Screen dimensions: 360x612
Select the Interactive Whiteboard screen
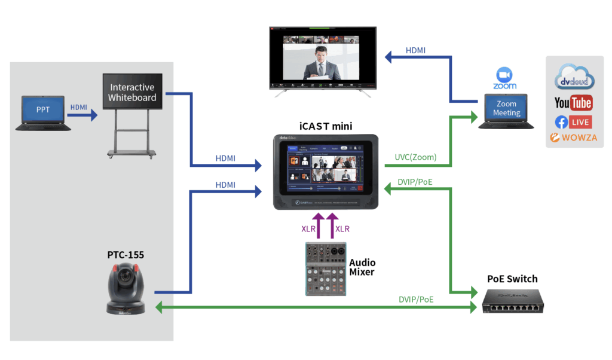tap(132, 91)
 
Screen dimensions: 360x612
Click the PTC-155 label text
tap(126, 255)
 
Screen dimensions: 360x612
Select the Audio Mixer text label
tap(362, 267)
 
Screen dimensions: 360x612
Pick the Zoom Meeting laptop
tap(506, 111)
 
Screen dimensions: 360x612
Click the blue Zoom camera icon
tap(505, 74)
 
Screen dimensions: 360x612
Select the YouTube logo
tap(573, 103)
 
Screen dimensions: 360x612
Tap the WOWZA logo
tap(573, 139)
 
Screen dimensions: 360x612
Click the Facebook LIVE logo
tap(573, 122)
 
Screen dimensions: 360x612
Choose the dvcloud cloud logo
tap(574, 80)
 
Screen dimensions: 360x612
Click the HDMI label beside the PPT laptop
tap(79, 107)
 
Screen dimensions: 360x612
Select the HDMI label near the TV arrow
tap(415, 50)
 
